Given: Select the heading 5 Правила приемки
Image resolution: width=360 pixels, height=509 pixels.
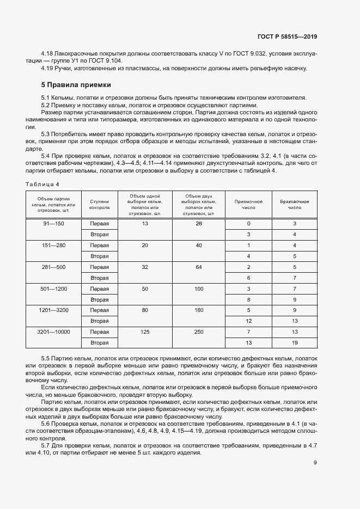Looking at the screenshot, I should click(x=76, y=85).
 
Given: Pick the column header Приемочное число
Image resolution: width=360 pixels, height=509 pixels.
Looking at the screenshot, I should click(x=248, y=204).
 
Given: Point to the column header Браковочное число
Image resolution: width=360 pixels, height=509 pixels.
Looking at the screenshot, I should click(x=294, y=204).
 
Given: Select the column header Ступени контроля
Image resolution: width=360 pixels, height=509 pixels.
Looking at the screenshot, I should click(x=100, y=204).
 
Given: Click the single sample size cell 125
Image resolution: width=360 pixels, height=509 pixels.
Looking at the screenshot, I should click(x=145, y=332).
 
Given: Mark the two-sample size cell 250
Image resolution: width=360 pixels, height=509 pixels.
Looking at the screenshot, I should click(x=198, y=332).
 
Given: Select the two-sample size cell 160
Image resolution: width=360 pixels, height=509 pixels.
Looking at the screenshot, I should click(x=198, y=310).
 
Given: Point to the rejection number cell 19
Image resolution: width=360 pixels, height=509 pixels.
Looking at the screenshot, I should click(x=294, y=342).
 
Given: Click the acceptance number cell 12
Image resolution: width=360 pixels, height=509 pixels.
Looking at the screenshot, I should click(x=248, y=321).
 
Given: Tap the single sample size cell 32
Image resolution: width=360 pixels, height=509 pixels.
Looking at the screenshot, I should click(x=145, y=267).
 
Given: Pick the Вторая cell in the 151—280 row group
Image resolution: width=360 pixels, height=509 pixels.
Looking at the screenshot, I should click(x=100, y=256).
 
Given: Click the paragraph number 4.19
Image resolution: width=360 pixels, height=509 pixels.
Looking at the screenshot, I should click(x=47, y=68).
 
